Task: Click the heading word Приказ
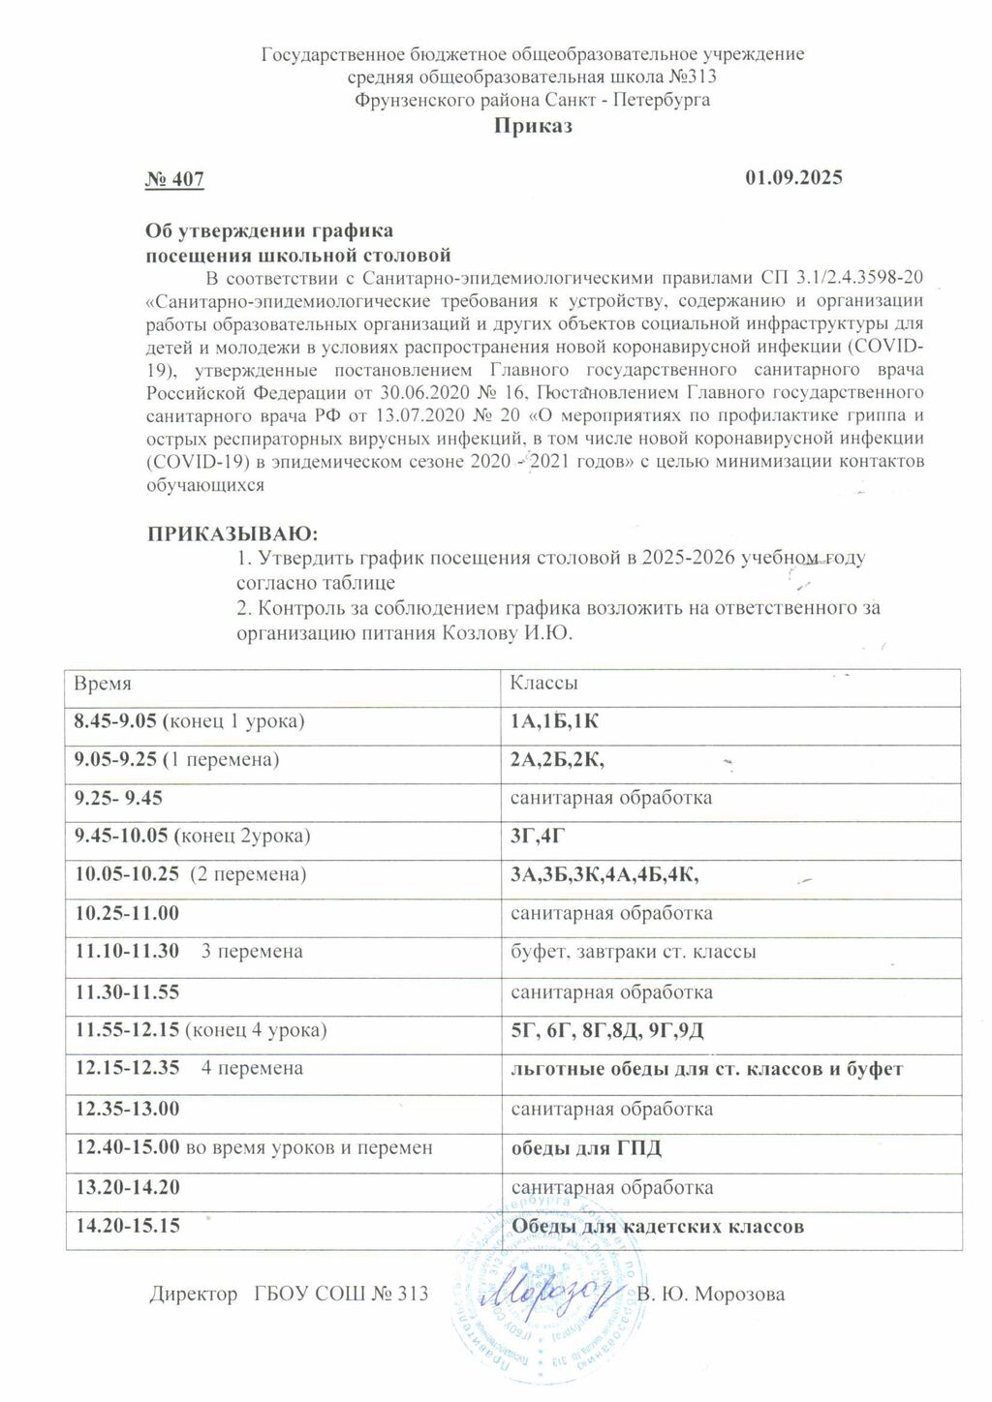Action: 533,126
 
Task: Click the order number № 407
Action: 174,178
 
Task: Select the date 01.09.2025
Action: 793,177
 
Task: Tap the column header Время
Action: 104,683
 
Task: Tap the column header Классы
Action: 544,683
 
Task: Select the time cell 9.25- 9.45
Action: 119,798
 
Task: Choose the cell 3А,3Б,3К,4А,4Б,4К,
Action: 605,874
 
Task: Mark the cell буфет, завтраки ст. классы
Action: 634,952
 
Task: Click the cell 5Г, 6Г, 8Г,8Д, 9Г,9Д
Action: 607,1031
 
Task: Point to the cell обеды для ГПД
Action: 586,1148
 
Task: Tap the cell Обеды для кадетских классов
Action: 658,1227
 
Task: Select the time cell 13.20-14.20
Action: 128,1187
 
